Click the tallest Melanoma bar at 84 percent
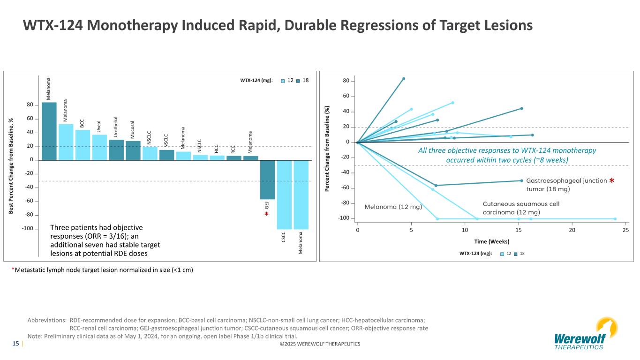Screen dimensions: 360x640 coord(49,131)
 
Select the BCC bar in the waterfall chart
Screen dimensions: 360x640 coord(83,145)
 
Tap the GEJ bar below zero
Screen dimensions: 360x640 coord(267,180)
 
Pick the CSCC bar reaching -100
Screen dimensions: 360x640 coord(284,195)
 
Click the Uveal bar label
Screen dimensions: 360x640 coord(99,127)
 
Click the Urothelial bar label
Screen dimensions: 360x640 coord(116,127)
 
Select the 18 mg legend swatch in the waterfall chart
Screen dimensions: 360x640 coord(298,81)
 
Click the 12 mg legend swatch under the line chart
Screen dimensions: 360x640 coord(502,254)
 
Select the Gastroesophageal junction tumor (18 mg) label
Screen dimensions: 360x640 coord(566,185)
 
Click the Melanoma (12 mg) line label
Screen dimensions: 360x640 coord(393,207)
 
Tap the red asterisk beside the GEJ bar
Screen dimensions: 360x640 coord(266,215)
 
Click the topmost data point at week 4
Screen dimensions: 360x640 coord(404,79)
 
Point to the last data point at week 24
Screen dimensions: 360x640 coord(615,219)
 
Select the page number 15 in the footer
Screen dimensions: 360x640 coord(15,344)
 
